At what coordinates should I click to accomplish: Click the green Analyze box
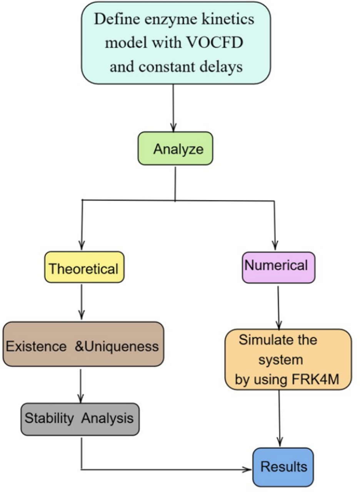[x=175, y=149]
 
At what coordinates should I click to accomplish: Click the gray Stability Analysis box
[x=80, y=418]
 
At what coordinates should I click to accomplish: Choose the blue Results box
[x=283, y=467]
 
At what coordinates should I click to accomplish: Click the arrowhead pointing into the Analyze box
[x=174, y=128]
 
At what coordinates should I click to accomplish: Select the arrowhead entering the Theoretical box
[x=81, y=246]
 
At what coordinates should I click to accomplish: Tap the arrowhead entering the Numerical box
[x=275, y=246]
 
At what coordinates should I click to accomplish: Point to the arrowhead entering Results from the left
[x=249, y=469]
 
